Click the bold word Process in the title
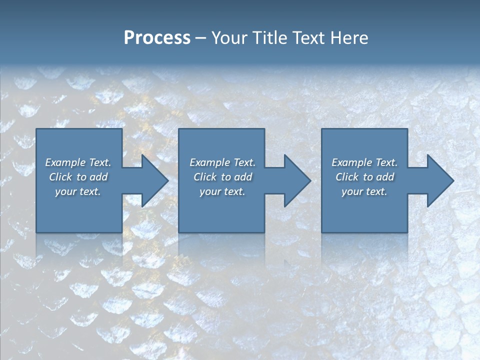point(157,38)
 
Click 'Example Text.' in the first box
point(78,162)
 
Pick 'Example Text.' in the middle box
point(222,162)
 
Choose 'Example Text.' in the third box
point(364,162)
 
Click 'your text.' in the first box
point(78,191)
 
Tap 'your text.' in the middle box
point(222,191)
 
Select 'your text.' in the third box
point(364,191)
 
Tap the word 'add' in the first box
point(99,177)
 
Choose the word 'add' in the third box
point(385,177)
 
